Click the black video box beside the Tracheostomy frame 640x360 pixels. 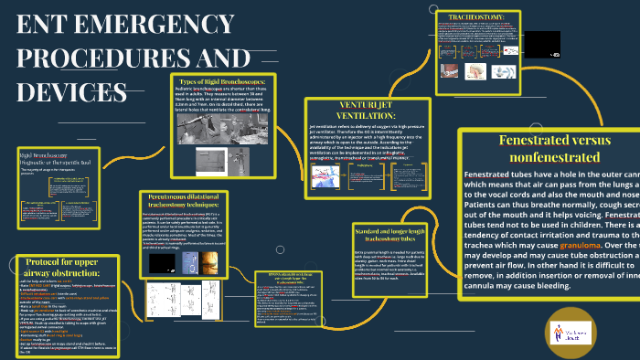(541, 42)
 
